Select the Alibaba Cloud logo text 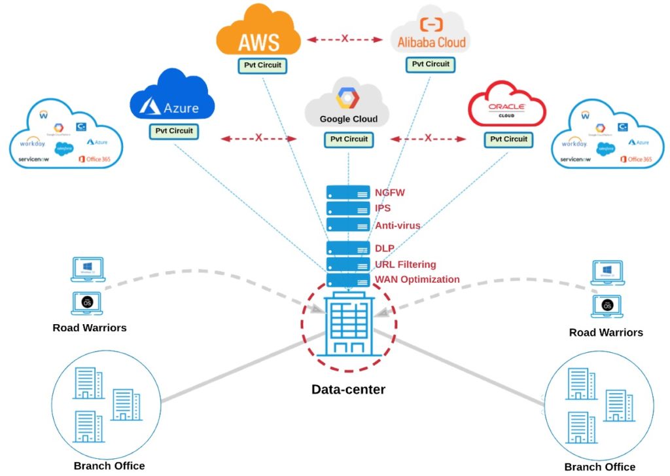pos(432,43)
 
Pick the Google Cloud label pos(348,119)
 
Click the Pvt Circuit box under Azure pos(174,131)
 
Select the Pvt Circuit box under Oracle pos(506,139)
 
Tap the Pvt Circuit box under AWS pos(260,65)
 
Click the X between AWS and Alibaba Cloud pos(345,39)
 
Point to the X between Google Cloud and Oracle pos(428,138)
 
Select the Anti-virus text pos(398,225)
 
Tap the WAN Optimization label pos(417,280)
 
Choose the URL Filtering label pos(406,265)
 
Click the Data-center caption pos(348,390)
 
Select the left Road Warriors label pos(90,327)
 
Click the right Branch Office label pos(599,467)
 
